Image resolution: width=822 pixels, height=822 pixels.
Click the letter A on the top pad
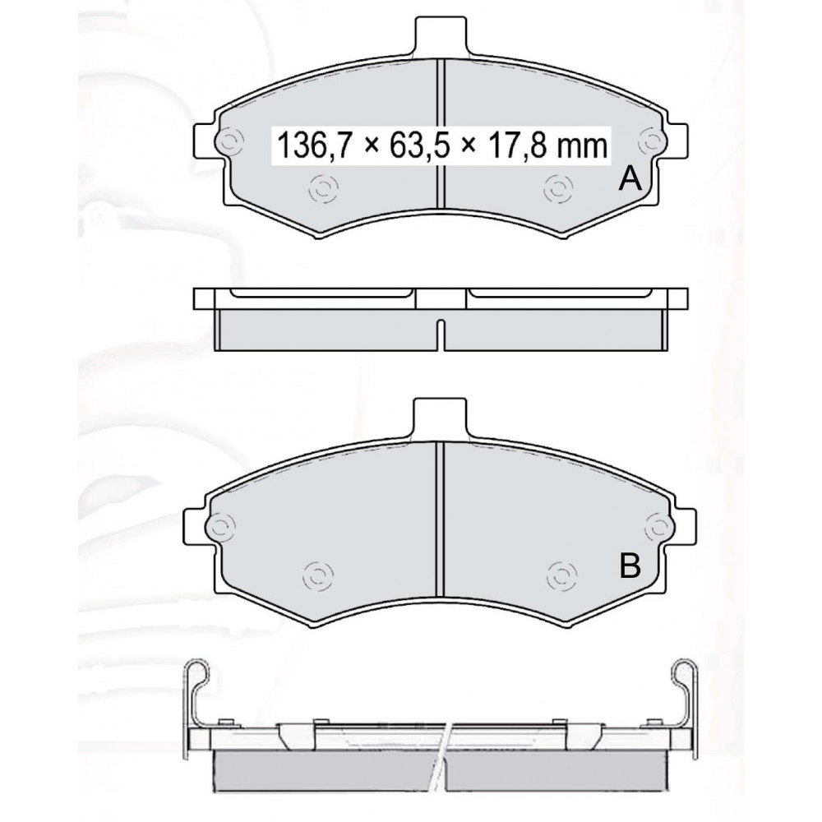point(630,179)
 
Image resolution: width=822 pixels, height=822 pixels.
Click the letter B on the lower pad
point(630,566)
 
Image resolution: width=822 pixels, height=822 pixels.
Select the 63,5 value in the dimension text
point(419,145)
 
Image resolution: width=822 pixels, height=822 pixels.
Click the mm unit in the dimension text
point(581,146)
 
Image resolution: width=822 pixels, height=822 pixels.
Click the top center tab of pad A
point(441,35)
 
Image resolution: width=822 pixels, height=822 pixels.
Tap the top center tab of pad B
point(441,418)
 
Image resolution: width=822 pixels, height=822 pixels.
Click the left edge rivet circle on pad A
point(229,141)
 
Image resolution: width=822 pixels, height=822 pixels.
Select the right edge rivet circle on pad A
point(652,141)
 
